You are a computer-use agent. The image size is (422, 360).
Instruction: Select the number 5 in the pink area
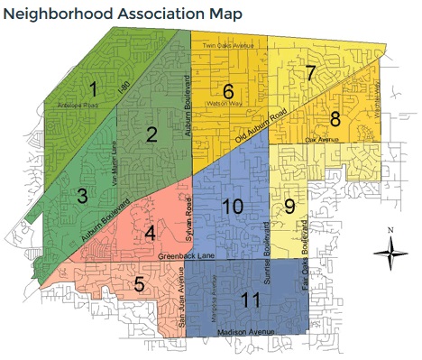[139, 285]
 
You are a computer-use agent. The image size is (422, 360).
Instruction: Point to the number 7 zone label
[310, 74]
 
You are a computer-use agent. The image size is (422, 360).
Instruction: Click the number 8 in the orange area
[335, 119]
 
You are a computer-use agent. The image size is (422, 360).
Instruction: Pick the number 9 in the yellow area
[289, 206]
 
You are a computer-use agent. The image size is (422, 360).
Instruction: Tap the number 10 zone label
[232, 207]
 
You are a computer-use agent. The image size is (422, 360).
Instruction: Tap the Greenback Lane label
[188, 255]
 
